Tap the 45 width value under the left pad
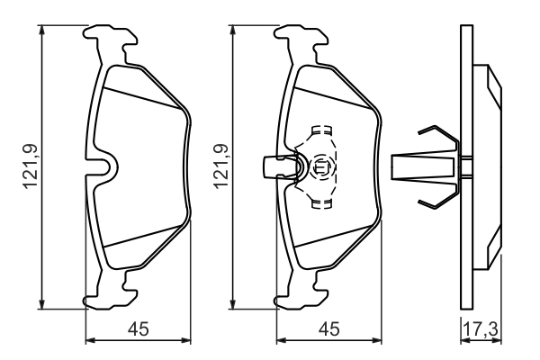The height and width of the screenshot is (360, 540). tap(139, 329)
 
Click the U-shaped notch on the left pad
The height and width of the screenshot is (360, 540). tap(107, 166)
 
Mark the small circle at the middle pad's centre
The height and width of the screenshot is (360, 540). tap(320, 166)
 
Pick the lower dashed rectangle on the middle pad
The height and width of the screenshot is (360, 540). tap(319, 203)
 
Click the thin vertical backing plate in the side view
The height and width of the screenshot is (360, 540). tap(466, 166)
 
